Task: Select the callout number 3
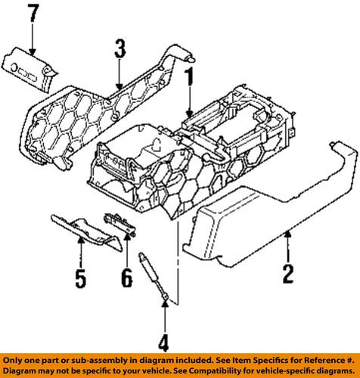click(119, 51)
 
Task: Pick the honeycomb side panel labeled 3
click(91, 113)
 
